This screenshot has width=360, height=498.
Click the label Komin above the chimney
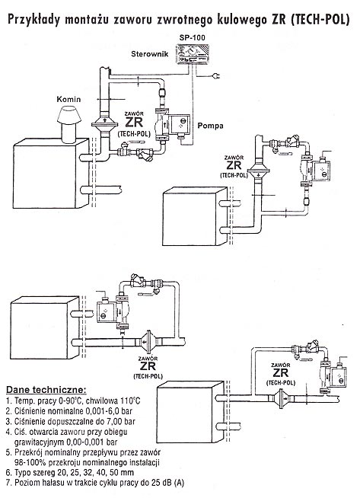68,100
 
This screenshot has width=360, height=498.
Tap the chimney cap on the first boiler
68,115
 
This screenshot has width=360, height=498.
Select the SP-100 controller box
192,55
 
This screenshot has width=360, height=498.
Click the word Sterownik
149,53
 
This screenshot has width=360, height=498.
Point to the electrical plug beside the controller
216,76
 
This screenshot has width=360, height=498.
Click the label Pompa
210,126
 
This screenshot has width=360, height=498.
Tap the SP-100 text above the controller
192,37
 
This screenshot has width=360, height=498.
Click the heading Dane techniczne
46,390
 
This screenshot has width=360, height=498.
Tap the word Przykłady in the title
34,20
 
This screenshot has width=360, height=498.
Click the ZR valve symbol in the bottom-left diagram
148,342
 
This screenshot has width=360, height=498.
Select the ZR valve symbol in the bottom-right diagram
281,397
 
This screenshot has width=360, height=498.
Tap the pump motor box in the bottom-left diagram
106,312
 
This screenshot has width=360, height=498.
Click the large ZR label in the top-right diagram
234,165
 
